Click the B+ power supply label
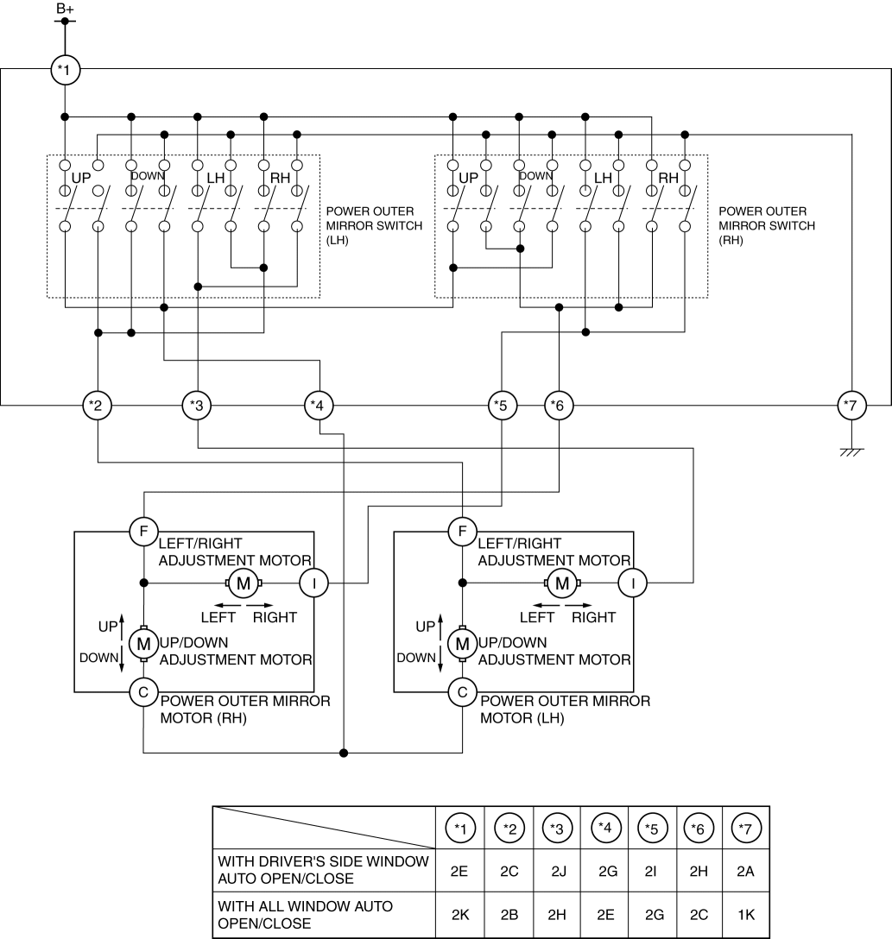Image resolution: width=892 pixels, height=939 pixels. [x=65, y=9]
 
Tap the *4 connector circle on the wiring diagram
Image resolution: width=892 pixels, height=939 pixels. [x=320, y=404]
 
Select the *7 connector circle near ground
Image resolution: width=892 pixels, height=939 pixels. [x=852, y=404]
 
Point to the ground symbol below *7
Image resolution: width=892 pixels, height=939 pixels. [x=852, y=451]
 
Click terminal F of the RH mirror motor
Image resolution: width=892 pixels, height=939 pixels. [x=143, y=530]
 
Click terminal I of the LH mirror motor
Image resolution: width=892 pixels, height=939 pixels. [x=633, y=583]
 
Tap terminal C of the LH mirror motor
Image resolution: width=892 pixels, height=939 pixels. [x=463, y=690]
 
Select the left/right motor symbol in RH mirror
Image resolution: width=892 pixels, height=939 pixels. [x=244, y=583]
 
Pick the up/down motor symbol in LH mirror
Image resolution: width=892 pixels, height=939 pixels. [x=463, y=643]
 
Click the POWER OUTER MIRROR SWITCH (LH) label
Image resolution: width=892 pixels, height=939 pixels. [x=374, y=225]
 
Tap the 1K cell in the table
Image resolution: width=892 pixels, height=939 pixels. [x=744, y=914]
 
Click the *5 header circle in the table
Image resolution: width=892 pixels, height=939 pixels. [x=653, y=829]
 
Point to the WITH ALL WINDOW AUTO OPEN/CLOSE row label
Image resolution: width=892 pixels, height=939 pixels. [x=305, y=914]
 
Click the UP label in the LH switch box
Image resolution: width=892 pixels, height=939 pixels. [x=81, y=178]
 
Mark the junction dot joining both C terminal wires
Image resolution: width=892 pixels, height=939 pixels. [x=344, y=753]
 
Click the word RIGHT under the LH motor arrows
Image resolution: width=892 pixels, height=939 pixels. [x=593, y=617]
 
